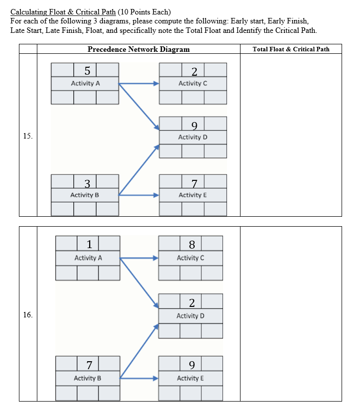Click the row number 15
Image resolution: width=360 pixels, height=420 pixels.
(27, 136)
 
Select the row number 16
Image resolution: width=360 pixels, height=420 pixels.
(27, 315)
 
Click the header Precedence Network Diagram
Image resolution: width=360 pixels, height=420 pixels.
(138, 49)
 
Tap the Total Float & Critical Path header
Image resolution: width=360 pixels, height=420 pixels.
(291, 49)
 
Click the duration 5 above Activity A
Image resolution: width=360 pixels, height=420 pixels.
(85, 70)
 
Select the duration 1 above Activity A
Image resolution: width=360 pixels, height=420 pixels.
(88, 244)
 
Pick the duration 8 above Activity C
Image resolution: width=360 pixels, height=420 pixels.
(192, 244)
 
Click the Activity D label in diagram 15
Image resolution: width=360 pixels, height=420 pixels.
(193, 137)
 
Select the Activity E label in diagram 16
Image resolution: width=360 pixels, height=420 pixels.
(190, 378)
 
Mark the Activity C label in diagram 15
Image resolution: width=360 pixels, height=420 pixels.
(193, 83)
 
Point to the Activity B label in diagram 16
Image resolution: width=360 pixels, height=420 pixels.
(88, 378)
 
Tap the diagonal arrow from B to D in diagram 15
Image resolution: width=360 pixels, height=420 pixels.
(138, 169)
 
